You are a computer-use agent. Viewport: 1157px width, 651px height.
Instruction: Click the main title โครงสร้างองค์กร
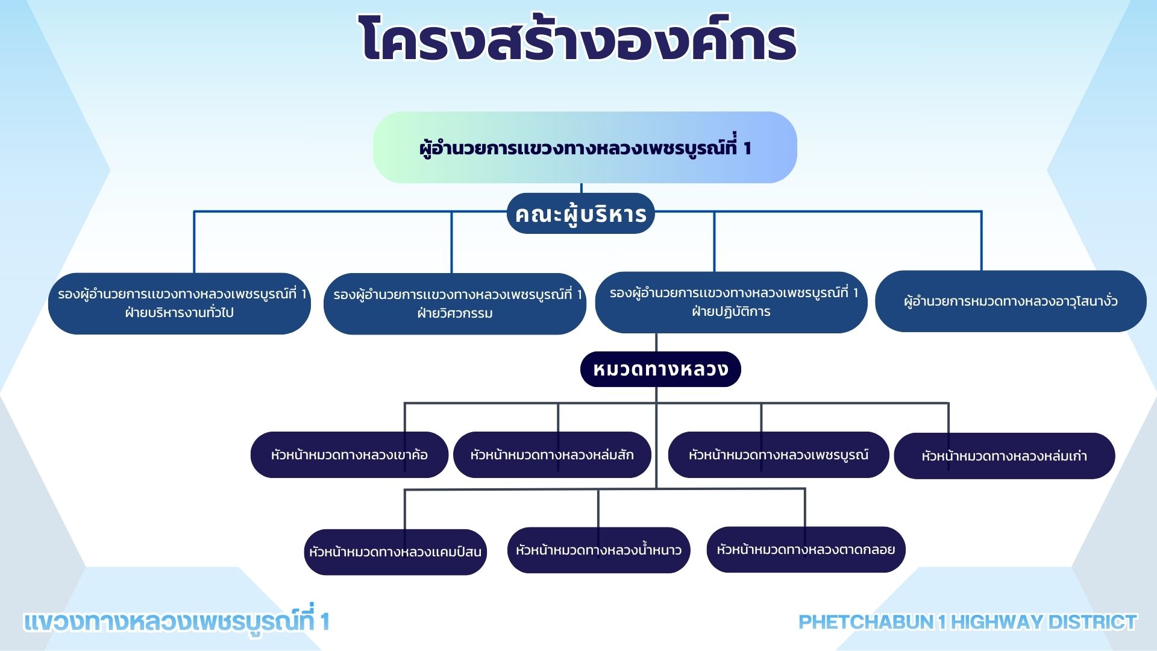point(578,39)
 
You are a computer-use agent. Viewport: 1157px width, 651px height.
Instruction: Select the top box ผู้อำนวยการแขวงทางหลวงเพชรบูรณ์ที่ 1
point(585,147)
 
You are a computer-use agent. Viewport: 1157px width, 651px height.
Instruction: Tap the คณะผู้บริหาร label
point(581,213)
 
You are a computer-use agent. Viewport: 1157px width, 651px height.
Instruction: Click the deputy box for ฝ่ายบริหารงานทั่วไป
point(180,303)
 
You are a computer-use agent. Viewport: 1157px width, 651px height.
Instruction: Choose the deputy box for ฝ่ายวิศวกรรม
point(455,304)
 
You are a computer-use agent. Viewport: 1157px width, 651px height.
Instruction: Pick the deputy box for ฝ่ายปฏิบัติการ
point(732,302)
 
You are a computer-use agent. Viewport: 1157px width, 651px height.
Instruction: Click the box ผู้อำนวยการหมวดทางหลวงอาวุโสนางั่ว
point(1011,301)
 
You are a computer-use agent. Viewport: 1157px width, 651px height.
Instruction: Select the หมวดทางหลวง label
point(660,369)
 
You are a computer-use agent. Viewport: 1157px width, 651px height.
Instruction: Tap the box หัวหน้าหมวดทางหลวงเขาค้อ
point(350,454)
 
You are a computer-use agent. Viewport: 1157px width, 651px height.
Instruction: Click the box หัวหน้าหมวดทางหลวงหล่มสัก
point(552,454)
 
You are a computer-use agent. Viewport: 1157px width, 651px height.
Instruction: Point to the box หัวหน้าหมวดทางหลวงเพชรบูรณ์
point(779,454)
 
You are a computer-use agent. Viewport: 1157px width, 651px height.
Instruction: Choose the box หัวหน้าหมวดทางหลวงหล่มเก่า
point(1005,456)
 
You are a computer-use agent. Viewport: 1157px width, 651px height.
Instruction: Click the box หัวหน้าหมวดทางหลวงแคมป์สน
point(395,552)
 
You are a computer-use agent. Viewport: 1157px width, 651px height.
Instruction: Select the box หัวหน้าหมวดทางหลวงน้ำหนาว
point(598,550)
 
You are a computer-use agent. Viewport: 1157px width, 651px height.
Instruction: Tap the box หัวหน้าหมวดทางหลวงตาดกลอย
point(806,549)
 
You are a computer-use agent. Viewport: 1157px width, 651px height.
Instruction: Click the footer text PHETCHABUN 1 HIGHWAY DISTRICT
point(968,622)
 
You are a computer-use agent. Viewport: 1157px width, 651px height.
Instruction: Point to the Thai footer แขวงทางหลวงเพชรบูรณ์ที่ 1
point(177,621)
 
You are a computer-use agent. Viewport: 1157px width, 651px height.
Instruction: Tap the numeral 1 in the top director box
point(747,148)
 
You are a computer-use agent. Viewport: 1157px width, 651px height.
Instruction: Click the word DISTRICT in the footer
point(1093,622)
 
